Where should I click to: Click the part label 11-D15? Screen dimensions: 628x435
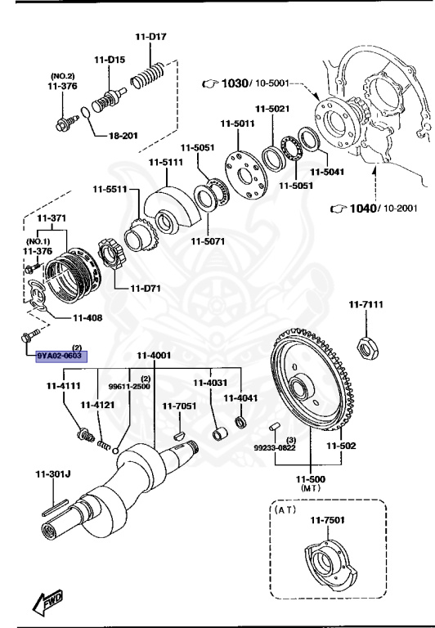(109, 59)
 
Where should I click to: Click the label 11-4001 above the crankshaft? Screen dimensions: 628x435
(153, 355)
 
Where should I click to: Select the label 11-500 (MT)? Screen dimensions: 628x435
(311, 479)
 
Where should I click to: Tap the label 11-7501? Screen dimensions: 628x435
(326, 520)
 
